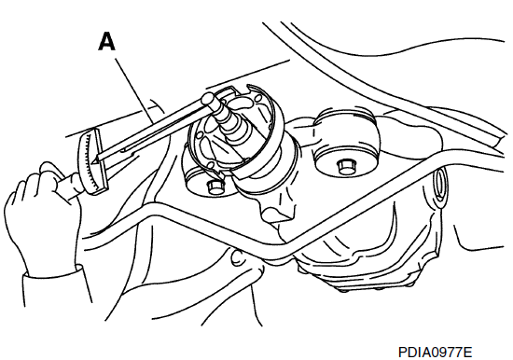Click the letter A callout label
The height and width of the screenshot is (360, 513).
coord(106,42)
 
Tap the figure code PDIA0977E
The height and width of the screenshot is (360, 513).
coord(435,353)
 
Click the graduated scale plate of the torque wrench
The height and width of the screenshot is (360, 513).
coord(92,162)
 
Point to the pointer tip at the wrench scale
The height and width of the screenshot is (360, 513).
coord(94,161)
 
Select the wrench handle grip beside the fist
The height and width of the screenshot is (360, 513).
coord(67,187)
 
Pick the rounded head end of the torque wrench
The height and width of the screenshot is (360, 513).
coord(208,99)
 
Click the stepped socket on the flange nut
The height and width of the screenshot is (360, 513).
coord(229,123)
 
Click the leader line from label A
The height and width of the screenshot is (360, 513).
coord(134,90)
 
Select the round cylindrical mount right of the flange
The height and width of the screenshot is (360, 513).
coord(346,142)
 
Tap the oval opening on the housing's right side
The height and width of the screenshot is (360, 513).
coord(440,184)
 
